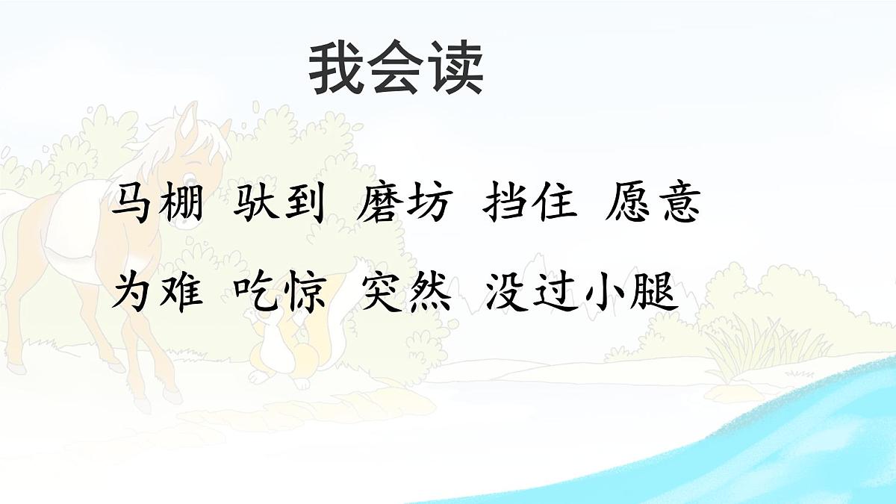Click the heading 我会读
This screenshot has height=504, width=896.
[x=396, y=69]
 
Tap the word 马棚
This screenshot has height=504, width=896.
[x=157, y=204]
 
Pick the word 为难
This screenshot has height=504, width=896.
[x=157, y=291]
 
